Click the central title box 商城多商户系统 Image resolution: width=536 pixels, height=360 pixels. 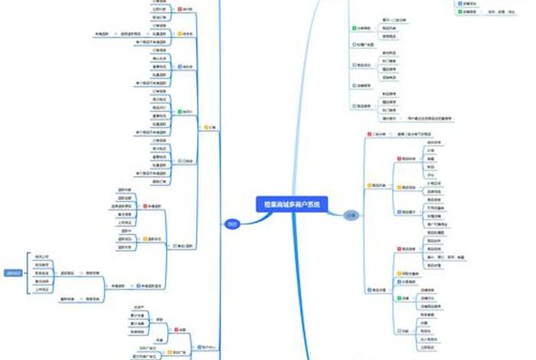point(290,204)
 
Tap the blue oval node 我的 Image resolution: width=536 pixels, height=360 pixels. point(231,224)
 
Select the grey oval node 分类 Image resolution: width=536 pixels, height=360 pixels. point(350,215)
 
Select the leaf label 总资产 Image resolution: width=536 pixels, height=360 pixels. point(138,306)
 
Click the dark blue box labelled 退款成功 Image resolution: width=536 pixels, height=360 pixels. point(12,272)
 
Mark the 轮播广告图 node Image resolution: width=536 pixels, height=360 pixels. point(364,45)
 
